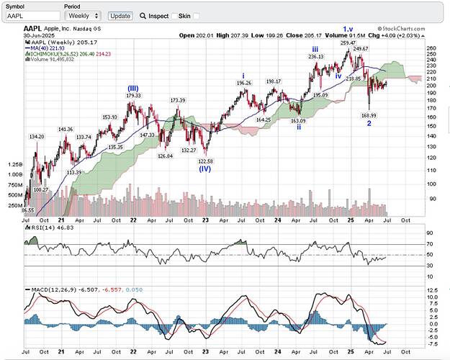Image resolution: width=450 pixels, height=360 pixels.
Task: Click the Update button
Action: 120,15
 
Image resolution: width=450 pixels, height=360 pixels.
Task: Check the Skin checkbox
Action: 176,15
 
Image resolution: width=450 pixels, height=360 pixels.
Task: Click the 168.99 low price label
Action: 369,114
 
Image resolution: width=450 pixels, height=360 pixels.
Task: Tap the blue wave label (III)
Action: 133,88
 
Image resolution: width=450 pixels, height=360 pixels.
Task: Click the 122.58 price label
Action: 206,161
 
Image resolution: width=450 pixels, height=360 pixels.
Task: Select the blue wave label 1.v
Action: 348,29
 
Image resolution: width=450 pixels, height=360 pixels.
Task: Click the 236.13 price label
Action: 315,55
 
